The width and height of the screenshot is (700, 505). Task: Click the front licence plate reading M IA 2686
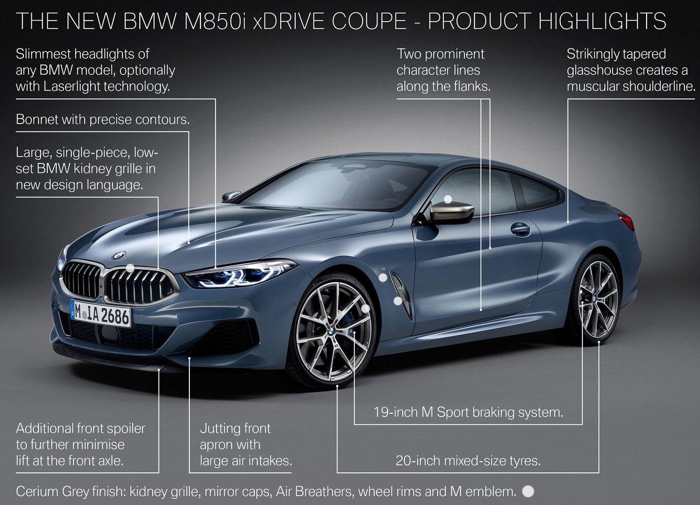coord(100,314)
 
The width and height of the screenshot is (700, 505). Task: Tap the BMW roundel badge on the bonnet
coord(119,255)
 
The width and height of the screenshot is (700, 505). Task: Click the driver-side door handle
coord(520,229)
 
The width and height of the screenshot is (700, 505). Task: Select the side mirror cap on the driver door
coord(452,212)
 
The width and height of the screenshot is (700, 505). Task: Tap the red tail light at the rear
coord(627,222)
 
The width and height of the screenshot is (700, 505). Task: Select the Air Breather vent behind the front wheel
coord(402,295)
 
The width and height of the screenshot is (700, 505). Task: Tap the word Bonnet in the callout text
coord(37,119)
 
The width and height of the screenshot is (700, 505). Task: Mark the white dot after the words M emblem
coord(528,491)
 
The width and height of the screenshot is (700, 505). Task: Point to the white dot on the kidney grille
coord(130,268)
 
